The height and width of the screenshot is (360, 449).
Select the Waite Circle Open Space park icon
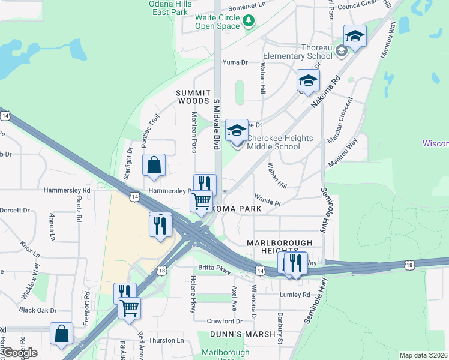[249, 22]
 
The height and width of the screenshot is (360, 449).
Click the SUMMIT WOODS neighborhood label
[193, 97]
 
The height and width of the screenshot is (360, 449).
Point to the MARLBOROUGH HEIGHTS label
[280, 246]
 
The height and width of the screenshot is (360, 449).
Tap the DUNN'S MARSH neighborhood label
[234, 334]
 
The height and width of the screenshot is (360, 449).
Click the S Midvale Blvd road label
[216, 125]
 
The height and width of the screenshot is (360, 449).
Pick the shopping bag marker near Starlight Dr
[154, 165]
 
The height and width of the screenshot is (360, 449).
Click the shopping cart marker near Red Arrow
[129, 308]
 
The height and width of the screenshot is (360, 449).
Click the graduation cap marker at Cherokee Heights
[237, 130]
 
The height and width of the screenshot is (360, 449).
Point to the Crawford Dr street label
[224, 321]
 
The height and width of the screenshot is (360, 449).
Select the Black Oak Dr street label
[37, 310]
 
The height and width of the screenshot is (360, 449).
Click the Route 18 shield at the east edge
[409, 264]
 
